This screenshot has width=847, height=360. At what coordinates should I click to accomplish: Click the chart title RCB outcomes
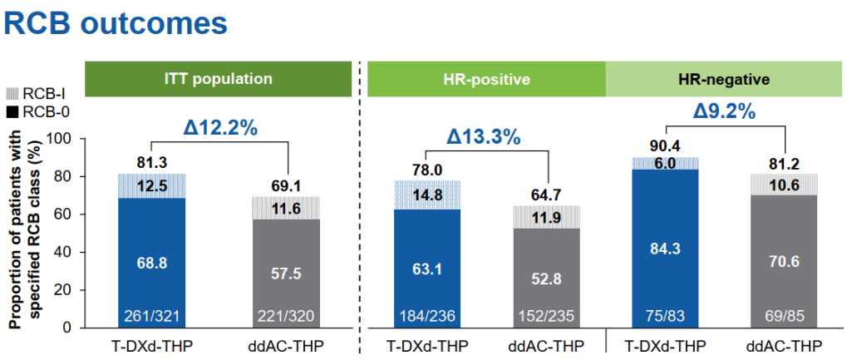116,23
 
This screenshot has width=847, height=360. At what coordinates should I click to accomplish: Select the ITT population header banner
218,80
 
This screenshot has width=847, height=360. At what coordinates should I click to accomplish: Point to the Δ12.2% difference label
218,128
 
